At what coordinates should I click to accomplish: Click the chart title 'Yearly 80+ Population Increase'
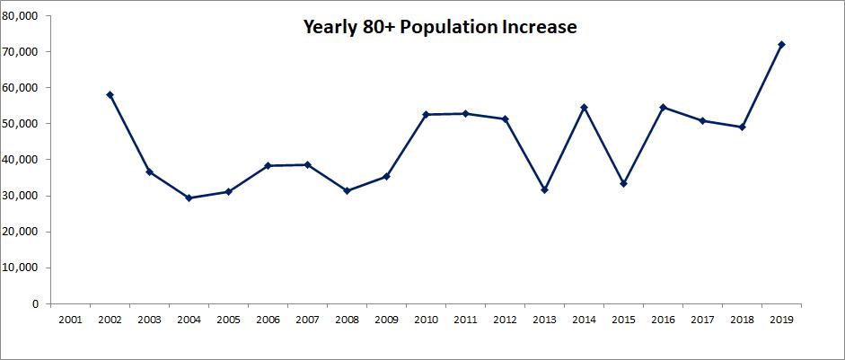[438, 28]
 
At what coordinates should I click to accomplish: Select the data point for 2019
[781, 44]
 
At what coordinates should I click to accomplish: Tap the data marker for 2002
[110, 94]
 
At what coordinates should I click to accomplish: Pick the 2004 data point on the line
[189, 198]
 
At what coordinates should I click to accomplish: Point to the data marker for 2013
[544, 189]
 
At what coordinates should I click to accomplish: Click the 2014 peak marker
[584, 107]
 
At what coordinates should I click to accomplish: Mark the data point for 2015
[623, 183]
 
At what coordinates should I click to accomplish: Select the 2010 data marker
[426, 114]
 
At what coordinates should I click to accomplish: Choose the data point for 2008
[347, 190]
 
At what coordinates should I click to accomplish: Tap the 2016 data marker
[663, 107]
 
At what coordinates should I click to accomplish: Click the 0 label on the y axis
[34, 303]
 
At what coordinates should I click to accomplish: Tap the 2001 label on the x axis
[70, 319]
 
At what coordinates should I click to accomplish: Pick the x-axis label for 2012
[505, 319]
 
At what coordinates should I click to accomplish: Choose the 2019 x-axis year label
[781, 319]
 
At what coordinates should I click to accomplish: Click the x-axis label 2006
[268, 319]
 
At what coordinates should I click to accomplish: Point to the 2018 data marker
[742, 127]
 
